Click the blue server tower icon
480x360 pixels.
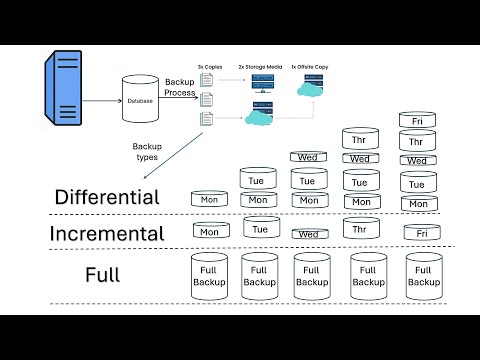[x=63, y=91]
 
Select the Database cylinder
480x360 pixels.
[x=140, y=99]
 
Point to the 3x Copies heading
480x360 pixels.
[x=208, y=65]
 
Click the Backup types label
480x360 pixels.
[x=147, y=151]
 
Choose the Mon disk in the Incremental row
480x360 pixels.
[x=209, y=231]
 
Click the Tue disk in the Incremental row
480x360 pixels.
[x=260, y=228]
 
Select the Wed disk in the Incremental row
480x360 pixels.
[x=308, y=234]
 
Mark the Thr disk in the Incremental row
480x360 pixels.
[x=360, y=228]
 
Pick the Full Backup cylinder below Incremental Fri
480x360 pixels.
[x=423, y=276]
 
